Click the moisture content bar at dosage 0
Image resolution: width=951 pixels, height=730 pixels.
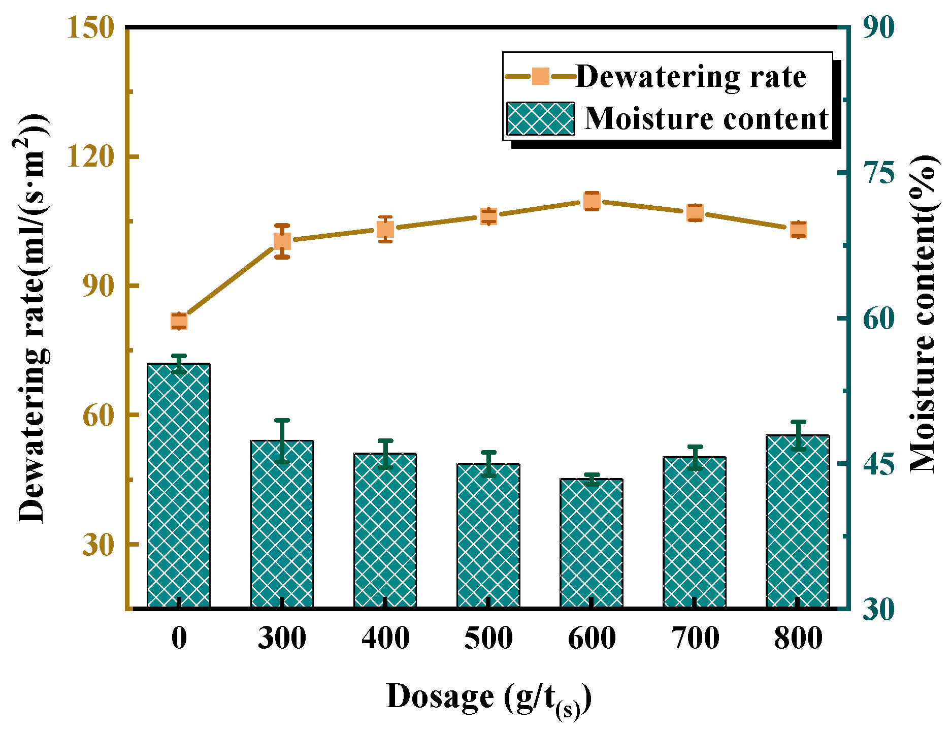179,485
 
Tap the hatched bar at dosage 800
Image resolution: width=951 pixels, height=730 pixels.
798,521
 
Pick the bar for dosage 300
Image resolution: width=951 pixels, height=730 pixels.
282,523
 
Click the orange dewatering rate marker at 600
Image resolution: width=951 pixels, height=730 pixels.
592,201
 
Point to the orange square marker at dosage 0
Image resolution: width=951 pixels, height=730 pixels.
179,321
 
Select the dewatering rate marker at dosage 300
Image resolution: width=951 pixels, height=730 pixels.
282,241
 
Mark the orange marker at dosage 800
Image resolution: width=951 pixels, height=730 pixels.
798,230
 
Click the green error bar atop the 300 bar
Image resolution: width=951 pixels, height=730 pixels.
282,441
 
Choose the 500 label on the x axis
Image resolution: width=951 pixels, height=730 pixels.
488,638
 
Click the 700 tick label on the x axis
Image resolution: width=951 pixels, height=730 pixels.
695,638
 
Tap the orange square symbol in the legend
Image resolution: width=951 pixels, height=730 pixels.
541,77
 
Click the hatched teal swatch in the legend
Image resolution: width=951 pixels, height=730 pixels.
540,118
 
